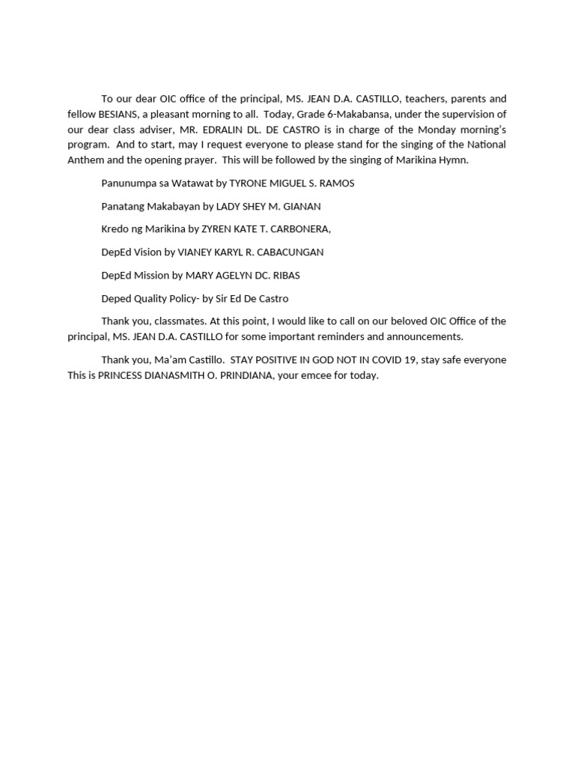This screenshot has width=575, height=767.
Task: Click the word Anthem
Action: [x=85, y=160]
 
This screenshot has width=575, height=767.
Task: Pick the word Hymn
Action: [x=453, y=160]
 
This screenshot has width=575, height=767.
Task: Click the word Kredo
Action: [x=115, y=229]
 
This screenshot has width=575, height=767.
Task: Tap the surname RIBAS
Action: [x=285, y=276]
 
